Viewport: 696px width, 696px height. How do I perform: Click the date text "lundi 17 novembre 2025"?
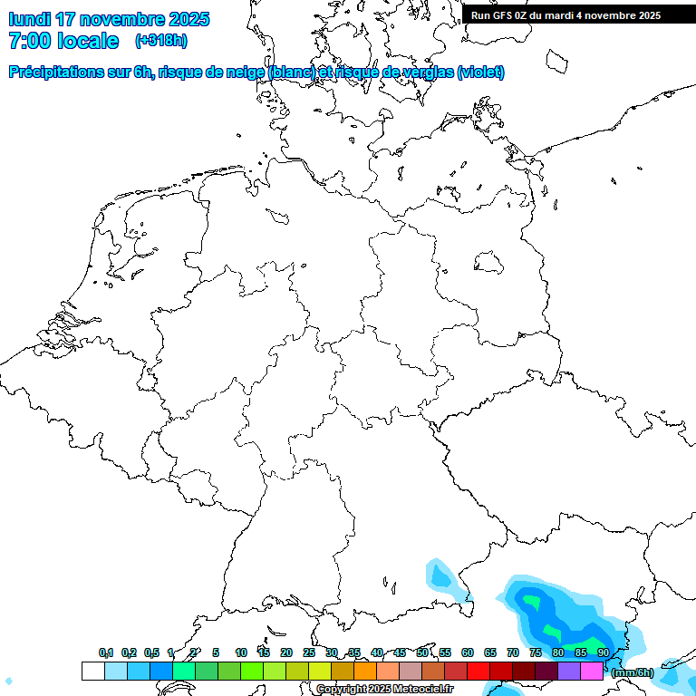[109, 19]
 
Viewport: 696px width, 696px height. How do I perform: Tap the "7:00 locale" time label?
[63, 41]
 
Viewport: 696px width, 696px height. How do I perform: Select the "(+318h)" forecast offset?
[161, 41]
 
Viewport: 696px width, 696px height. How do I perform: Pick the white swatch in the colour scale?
[92, 672]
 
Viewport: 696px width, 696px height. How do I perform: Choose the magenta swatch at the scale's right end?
[592, 672]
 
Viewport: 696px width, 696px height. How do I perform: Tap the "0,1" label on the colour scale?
[106, 652]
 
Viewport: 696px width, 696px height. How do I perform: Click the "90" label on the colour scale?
[603, 652]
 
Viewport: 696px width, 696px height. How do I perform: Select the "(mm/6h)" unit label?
[632, 672]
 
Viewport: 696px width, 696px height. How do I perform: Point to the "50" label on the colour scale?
[422, 652]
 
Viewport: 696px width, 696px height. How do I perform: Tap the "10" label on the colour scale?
[241, 652]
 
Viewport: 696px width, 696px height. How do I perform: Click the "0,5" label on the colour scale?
[151, 652]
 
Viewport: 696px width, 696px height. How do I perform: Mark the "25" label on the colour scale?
[309, 652]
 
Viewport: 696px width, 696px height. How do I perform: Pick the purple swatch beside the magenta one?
[569, 672]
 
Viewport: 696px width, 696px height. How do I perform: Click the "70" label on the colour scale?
[513, 652]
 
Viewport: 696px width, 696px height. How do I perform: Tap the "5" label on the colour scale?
[216, 652]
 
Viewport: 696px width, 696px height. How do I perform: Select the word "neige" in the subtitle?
[246, 72]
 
